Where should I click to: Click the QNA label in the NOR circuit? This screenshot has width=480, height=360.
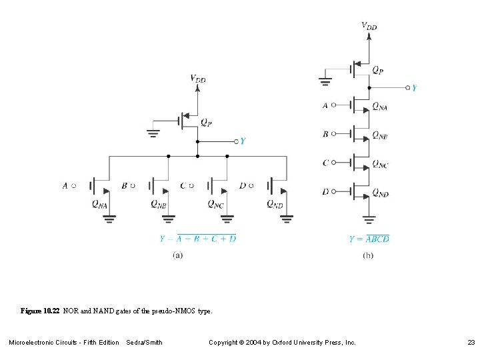pos(99,205)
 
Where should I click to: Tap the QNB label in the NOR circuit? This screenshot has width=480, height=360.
pos(158,205)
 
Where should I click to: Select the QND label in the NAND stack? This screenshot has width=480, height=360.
pos(380,193)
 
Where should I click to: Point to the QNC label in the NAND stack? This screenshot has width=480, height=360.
pos(380,164)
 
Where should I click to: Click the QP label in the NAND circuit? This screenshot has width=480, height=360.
pos(377,69)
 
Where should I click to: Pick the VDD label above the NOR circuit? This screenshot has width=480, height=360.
pos(198,78)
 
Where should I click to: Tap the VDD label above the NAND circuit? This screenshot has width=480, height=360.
pos(369,26)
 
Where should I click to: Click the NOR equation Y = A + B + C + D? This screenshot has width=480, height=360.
pos(197,238)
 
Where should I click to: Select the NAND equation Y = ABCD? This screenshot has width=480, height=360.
pos(369,239)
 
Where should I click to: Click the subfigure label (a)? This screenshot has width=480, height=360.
pos(178,254)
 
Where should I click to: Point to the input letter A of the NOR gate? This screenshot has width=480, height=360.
pos(65,186)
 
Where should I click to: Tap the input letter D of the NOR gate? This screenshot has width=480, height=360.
pos(242,186)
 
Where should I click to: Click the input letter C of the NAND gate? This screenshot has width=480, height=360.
pos(325,163)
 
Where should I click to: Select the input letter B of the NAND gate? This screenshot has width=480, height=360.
pos(325,134)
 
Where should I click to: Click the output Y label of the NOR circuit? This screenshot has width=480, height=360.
pos(243,141)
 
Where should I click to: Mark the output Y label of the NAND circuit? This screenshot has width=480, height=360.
pos(414,87)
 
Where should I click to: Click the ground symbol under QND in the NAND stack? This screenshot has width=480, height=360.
pos(369,218)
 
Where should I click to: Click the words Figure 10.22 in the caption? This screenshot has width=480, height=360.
pos(40,311)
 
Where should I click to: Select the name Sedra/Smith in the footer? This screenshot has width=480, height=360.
pos(144,343)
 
